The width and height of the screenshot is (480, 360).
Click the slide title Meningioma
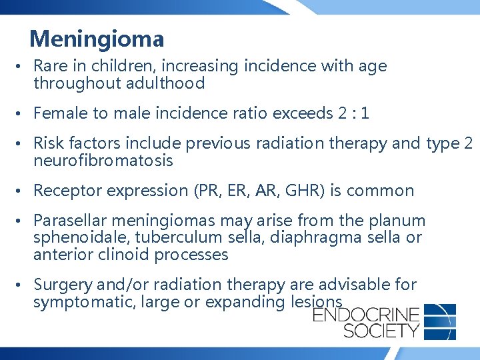click(x=97, y=39)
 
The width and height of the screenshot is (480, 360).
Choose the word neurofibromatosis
click(x=103, y=161)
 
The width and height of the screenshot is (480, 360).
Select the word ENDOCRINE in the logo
click(x=366, y=314)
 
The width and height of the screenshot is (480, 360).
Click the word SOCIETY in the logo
click(x=366, y=330)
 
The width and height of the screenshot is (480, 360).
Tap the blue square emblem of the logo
click(x=440, y=321)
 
